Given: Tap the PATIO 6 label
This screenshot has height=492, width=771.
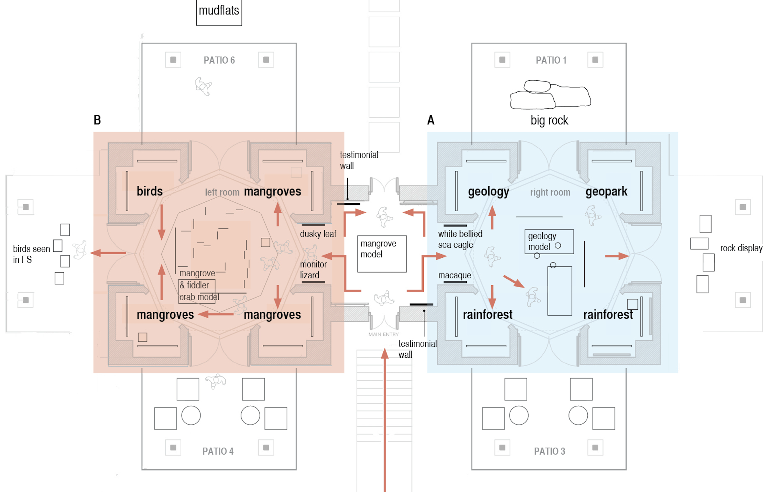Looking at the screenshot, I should tap(219, 60).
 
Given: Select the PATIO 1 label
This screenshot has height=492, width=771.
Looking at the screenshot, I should tap(551, 60).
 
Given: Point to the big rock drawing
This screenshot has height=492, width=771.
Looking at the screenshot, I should tap(550, 94).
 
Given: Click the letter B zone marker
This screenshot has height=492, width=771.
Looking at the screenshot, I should tap(97, 120).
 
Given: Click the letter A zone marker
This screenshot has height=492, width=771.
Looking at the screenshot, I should tap(431, 120).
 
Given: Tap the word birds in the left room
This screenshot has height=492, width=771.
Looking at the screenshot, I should tap(150, 191).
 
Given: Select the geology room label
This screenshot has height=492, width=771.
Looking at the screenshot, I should tap(488, 191).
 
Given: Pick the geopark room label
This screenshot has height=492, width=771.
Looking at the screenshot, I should tap(606, 191).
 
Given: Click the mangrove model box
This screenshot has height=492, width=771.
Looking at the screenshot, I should tap(382, 254).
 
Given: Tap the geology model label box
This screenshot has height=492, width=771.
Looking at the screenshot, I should tap(549, 241).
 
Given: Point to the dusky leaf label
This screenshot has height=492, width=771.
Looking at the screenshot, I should tap(318, 234).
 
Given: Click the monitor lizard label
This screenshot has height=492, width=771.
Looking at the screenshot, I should tap(313, 270).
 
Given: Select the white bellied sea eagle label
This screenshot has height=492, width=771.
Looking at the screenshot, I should tap(460, 239).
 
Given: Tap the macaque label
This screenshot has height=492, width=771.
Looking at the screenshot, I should tap(455, 276).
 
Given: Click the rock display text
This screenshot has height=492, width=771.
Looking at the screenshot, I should tap(741, 248).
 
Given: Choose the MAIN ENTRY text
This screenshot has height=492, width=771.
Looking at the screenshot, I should tap(383, 334).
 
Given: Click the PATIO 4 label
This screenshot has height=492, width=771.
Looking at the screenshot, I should tap(218, 451).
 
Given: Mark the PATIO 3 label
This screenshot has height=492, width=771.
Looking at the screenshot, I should tap(550, 451).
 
